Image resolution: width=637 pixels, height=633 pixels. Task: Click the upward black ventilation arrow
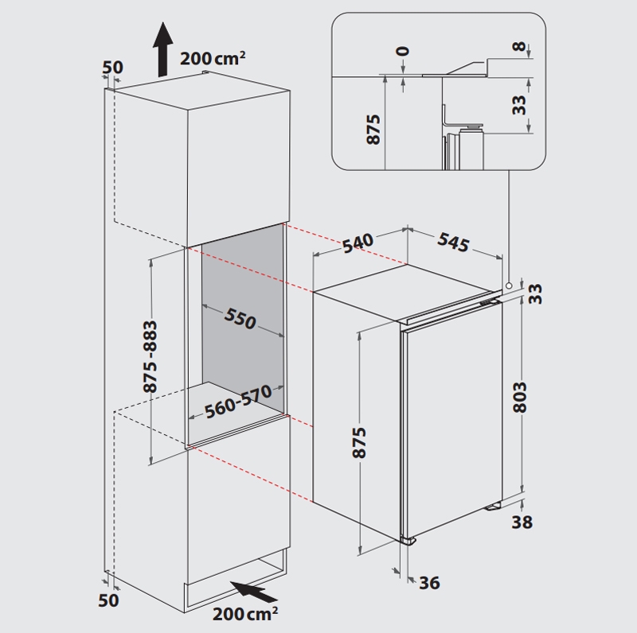tap(163, 49)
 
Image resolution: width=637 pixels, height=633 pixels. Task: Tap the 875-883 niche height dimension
tap(150, 357)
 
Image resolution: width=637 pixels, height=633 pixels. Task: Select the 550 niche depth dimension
tap(240, 318)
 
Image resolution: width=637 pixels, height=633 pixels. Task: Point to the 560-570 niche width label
tap(238, 402)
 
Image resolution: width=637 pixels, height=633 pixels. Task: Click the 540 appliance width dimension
tap(358, 243)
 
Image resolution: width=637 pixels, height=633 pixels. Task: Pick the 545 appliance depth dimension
tap(453, 242)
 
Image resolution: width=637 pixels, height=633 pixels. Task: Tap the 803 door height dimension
tap(520, 398)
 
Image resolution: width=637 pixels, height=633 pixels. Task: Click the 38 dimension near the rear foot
tap(522, 522)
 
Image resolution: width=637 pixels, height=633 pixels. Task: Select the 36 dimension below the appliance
tap(429, 583)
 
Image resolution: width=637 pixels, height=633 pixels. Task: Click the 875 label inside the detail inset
tap(373, 129)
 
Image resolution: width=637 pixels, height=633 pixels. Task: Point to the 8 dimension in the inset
tap(519, 46)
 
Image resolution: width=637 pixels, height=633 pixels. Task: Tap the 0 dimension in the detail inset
tap(403, 51)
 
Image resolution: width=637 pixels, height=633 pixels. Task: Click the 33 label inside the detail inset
tap(519, 105)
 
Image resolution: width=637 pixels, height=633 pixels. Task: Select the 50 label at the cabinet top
tap(112, 68)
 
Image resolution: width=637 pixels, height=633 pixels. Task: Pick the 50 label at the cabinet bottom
tap(108, 600)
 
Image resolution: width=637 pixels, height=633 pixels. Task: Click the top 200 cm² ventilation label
tap(213, 58)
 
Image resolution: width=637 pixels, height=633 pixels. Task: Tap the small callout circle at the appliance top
tap(508, 285)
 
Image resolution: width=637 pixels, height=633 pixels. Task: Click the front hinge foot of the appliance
tap(408, 541)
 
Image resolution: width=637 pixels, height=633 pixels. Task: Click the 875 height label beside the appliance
tap(359, 442)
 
